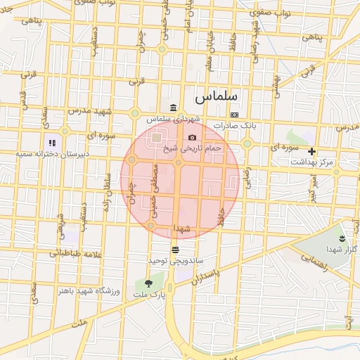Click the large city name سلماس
point(217,94)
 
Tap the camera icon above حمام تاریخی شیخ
point(192,138)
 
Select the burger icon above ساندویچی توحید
point(174,249)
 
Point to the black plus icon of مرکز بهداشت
point(312,151)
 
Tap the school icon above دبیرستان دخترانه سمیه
point(52,143)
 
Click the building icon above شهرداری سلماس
point(173,107)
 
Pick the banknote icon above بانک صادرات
point(234,115)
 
